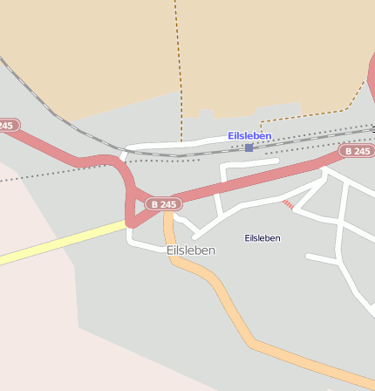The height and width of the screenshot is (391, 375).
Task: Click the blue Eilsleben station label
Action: (249, 135)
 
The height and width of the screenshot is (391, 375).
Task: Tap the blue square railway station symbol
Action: (249, 147)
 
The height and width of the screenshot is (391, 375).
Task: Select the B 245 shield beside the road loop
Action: (163, 203)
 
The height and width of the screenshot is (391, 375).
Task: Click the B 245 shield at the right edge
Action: (357, 151)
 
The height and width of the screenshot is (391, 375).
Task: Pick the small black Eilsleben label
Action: (262, 237)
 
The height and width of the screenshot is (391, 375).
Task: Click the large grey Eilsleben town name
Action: (190, 250)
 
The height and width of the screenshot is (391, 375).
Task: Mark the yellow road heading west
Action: (61, 243)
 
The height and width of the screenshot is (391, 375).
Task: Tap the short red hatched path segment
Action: (287, 204)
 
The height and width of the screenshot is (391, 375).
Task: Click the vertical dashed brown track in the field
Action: (179, 61)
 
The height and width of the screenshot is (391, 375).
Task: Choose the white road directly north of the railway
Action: (174, 142)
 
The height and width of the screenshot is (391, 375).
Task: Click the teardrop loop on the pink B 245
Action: (133, 205)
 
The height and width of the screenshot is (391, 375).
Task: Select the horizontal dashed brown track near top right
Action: (305, 114)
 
